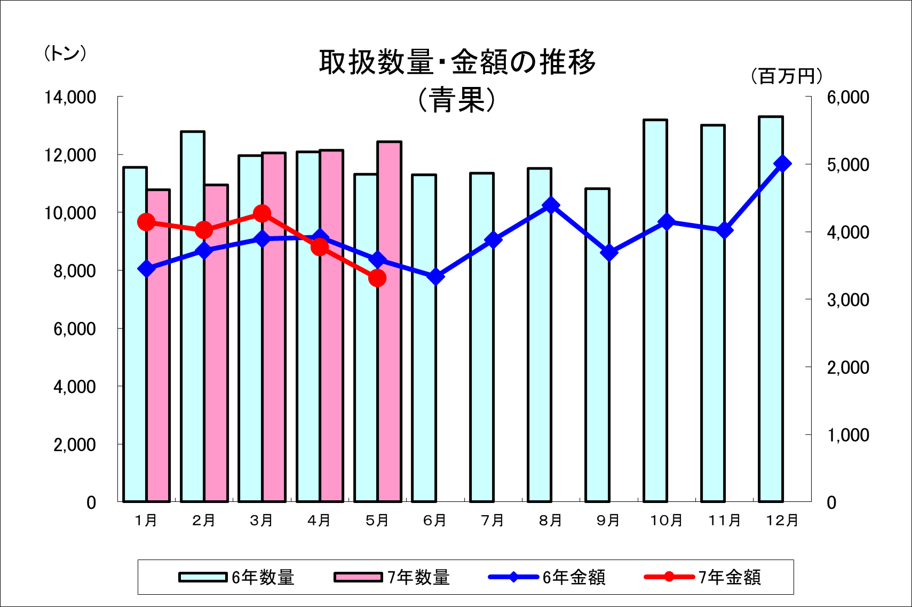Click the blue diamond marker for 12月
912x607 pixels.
tap(782, 164)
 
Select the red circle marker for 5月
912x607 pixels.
tap(377, 278)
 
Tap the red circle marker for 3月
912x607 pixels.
tap(262, 214)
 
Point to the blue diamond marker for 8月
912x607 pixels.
tap(551, 205)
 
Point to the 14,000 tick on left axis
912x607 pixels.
tap(70, 97)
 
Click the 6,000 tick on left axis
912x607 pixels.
tap(74, 329)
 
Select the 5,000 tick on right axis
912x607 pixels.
tap(848, 165)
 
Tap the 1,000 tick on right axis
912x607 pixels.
tap(848, 435)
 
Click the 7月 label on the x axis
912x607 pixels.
tap(493, 520)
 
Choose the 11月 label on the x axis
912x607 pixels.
tap(724, 520)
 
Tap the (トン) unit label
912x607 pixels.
tap(65, 53)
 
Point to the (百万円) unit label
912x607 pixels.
tap(787, 76)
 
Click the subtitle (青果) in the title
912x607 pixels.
tap(457, 100)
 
